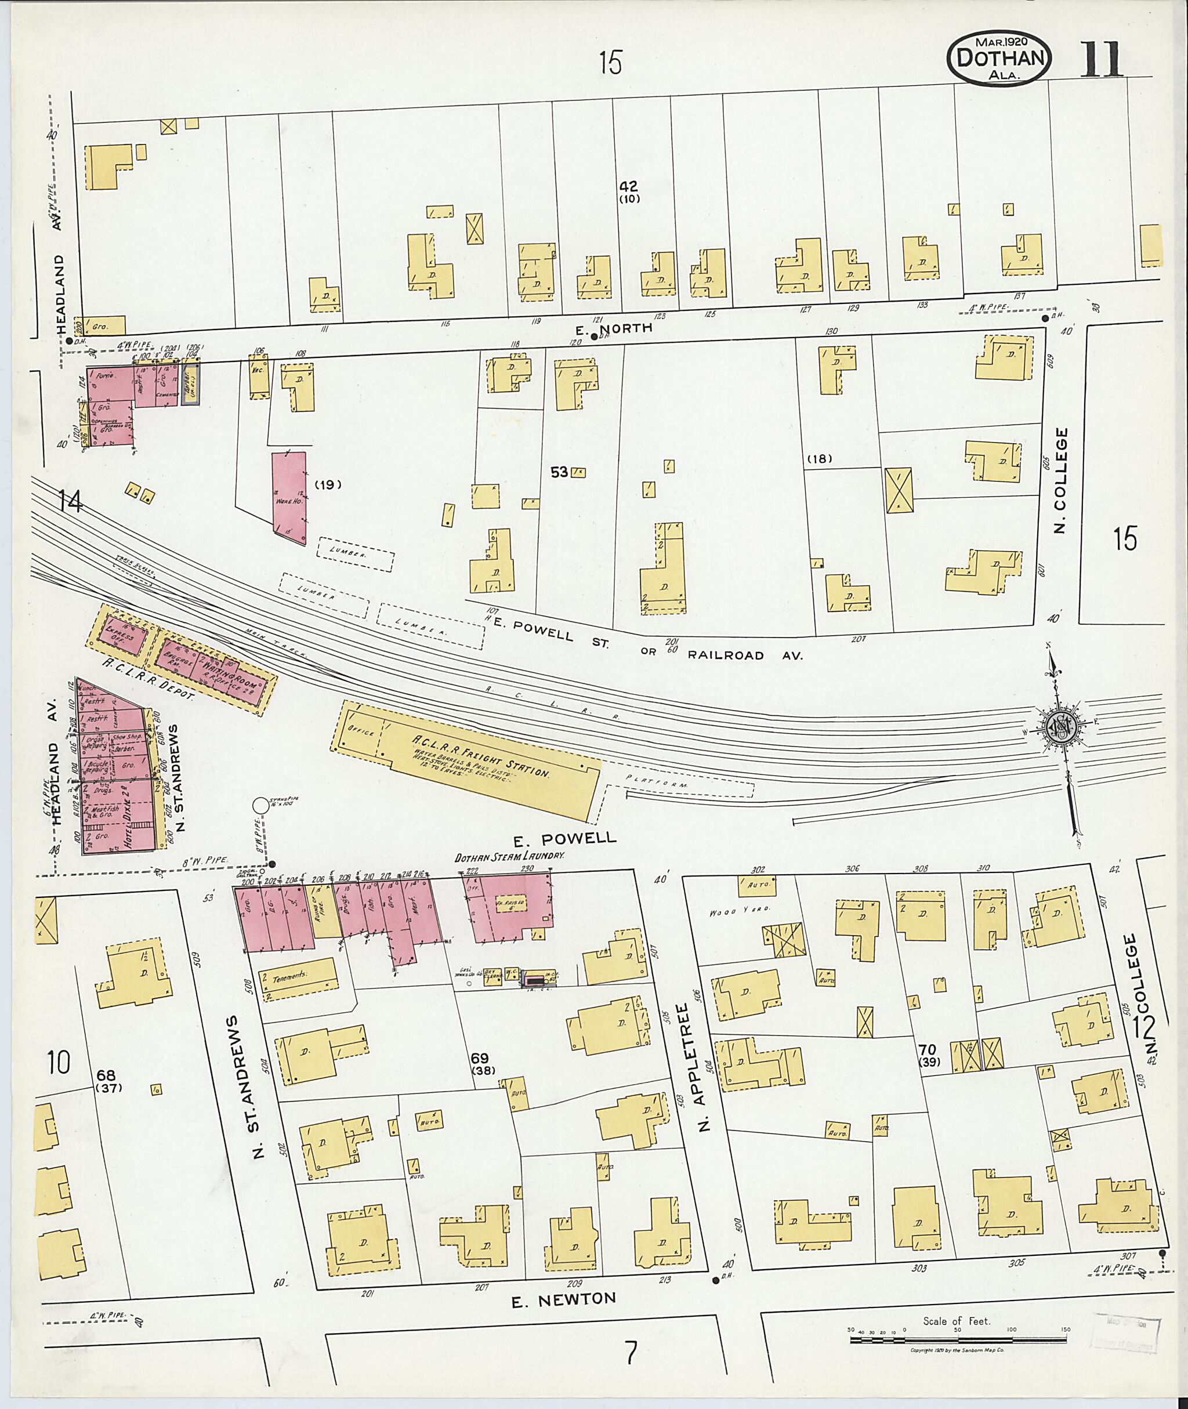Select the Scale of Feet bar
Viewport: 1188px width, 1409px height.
click(957, 1339)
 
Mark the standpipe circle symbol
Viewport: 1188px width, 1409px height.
click(260, 805)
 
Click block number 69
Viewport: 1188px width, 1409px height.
click(480, 1058)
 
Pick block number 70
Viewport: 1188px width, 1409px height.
click(927, 1050)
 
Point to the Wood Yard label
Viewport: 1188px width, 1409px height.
click(729, 913)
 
